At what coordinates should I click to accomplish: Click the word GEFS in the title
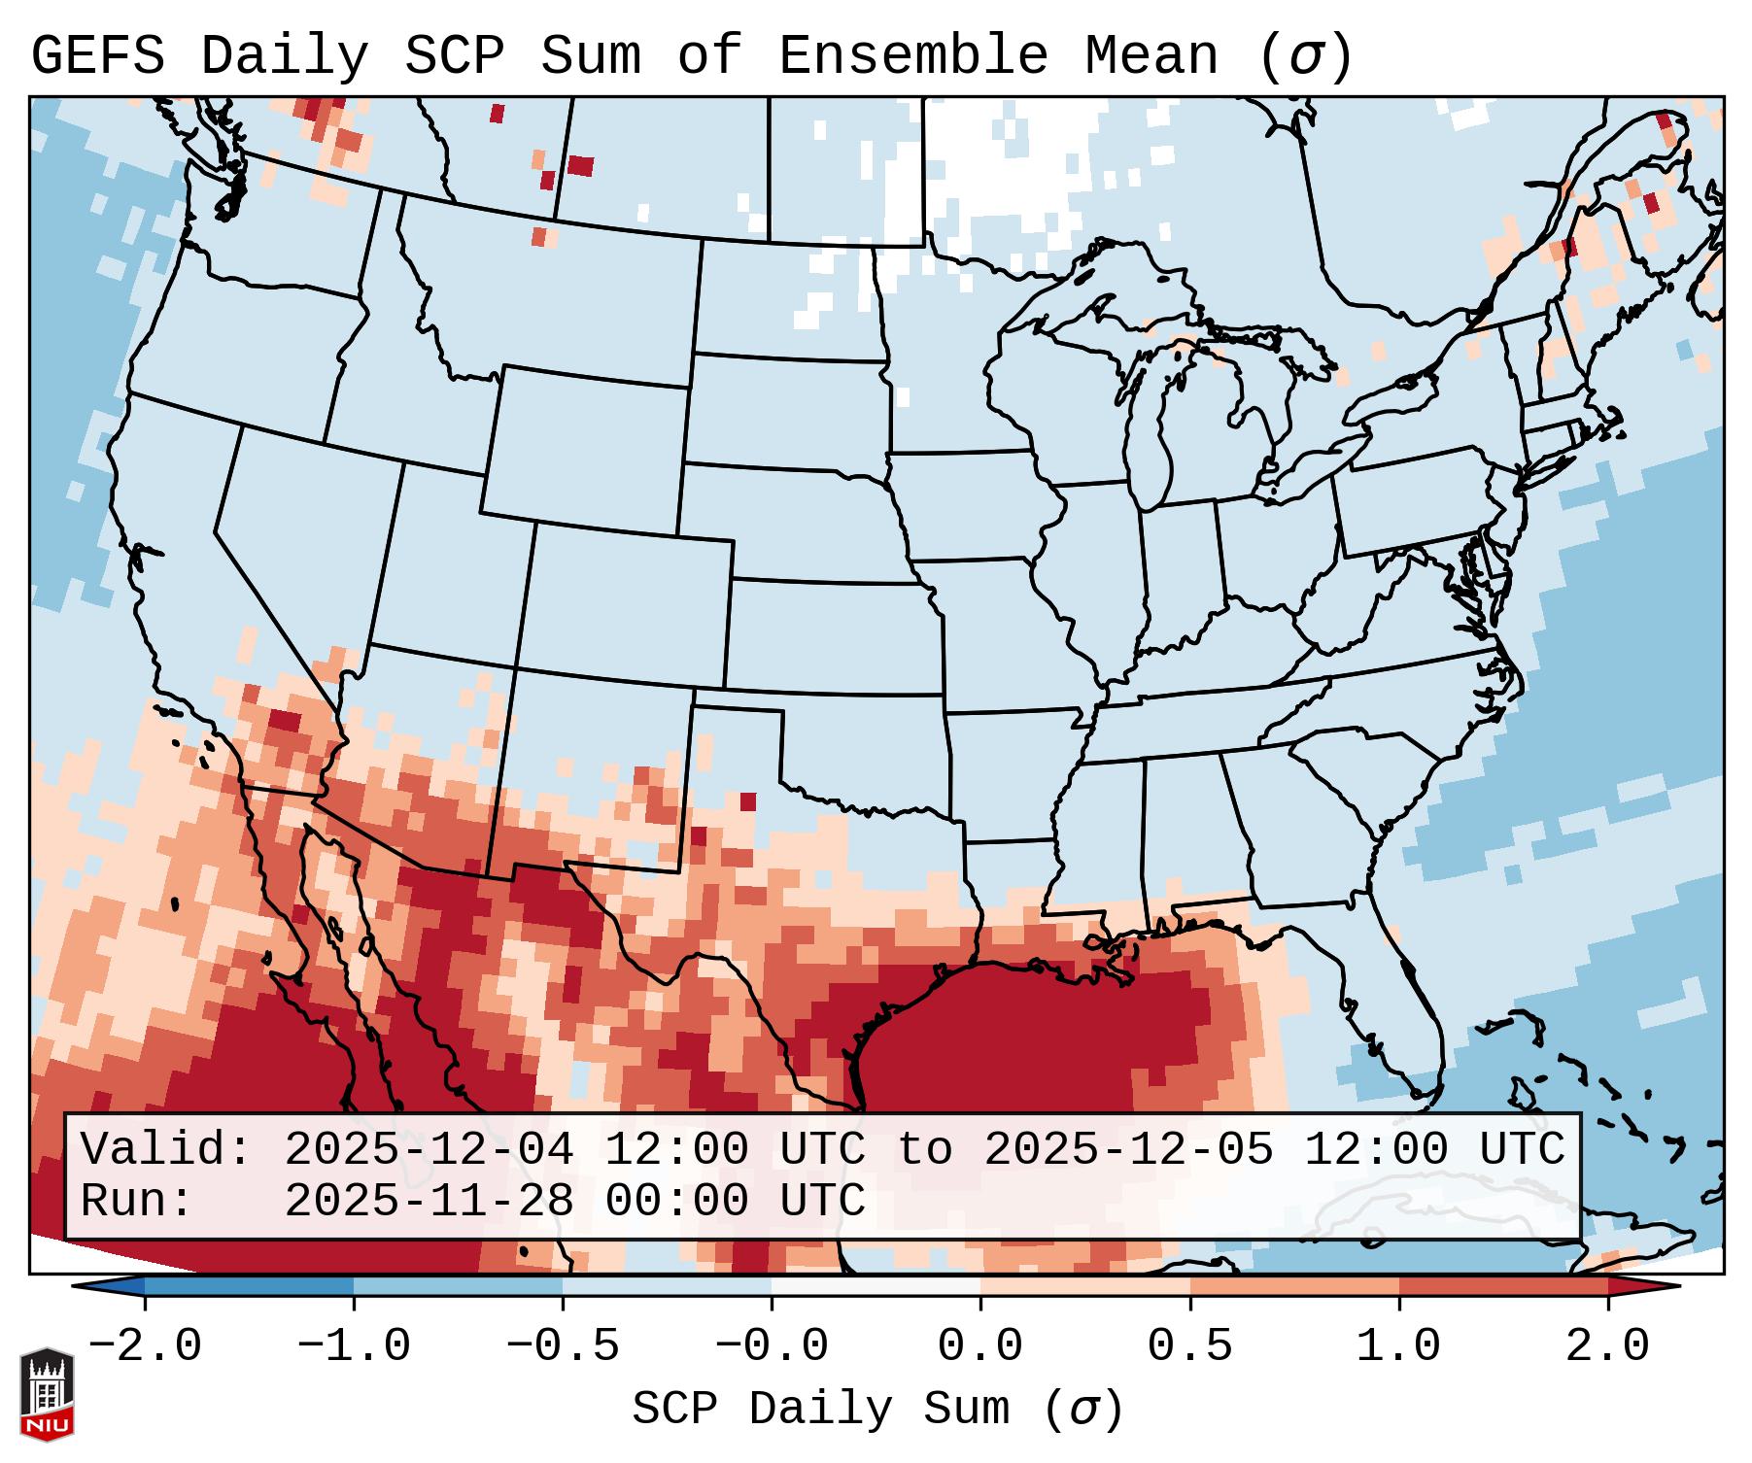pos(97,55)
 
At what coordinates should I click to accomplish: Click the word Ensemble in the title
pos(913,55)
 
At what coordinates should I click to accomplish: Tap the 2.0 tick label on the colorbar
pos(1607,1346)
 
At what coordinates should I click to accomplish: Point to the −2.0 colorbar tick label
pos(145,1346)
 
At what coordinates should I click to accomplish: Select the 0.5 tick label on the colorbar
pos(1189,1346)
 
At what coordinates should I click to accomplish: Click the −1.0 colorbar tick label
pos(354,1346)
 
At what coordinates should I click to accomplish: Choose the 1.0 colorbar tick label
pos(1398,1346)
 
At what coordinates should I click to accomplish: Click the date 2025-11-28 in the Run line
pos(429,1201)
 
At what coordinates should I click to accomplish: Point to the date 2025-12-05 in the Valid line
pos(1128,1150)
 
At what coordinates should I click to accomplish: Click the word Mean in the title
pos(1151,55)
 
